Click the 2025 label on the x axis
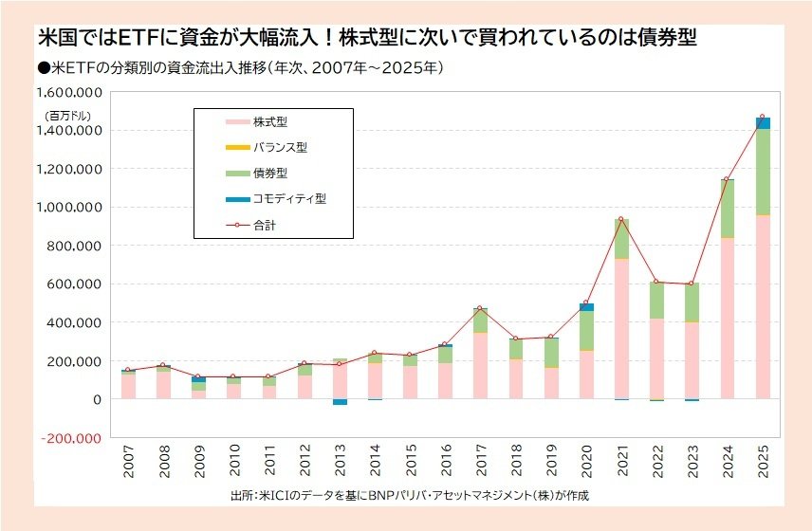click(763, 465)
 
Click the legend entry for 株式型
click(269, 122)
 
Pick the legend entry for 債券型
click(269, 174)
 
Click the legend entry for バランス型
click(279, 148)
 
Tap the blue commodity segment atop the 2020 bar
click(586, 306)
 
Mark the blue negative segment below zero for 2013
click(340, 402)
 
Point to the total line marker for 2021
click(621, 219)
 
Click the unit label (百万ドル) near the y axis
click(65, 115)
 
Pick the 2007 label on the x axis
click(127, 465)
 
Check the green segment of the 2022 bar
click(656, 300)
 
